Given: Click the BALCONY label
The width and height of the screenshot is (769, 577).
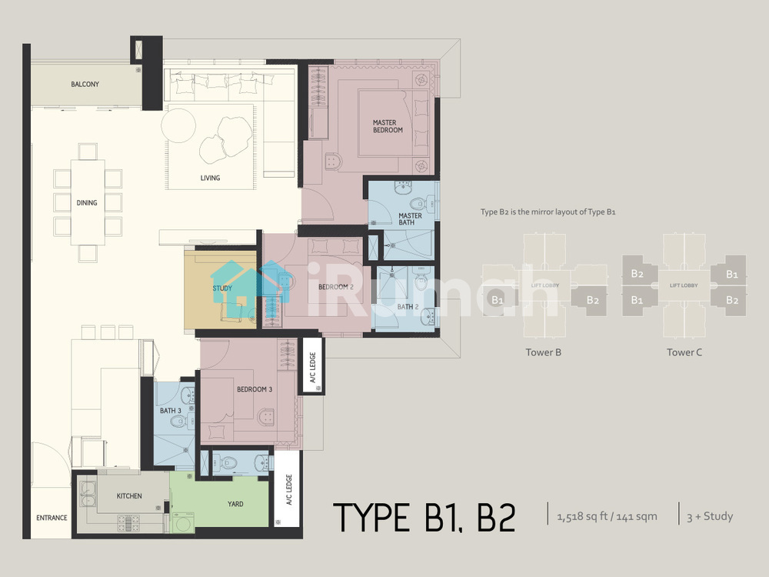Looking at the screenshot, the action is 85,85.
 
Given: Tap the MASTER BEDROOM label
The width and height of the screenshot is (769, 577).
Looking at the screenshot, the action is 388,126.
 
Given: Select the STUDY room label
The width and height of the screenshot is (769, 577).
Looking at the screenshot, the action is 222,288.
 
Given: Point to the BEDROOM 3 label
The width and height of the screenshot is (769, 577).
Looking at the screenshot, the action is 255,389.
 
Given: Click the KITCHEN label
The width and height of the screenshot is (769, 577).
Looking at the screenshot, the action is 129,496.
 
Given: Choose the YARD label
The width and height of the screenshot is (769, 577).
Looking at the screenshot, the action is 235,504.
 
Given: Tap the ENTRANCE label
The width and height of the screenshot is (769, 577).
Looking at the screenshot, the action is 52,518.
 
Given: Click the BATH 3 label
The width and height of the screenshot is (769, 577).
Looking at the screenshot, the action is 171,411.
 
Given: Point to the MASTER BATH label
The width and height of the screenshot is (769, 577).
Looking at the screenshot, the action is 410,218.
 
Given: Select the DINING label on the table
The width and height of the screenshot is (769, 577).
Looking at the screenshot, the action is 87,202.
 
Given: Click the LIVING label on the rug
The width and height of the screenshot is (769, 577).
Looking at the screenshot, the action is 210,178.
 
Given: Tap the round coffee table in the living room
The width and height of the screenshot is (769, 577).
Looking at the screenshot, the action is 178,125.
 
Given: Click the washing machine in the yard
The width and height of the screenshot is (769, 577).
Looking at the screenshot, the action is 182,522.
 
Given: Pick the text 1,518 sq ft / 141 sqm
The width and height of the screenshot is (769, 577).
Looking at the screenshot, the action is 608,516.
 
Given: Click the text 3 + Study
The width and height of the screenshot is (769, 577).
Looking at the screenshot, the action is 710,516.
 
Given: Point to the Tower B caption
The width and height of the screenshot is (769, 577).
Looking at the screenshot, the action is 544,352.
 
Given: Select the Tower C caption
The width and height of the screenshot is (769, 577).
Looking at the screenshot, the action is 684,352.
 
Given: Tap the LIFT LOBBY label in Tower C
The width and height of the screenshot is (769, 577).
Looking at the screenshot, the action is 684,285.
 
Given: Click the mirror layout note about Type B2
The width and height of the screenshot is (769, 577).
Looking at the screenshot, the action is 548,212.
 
